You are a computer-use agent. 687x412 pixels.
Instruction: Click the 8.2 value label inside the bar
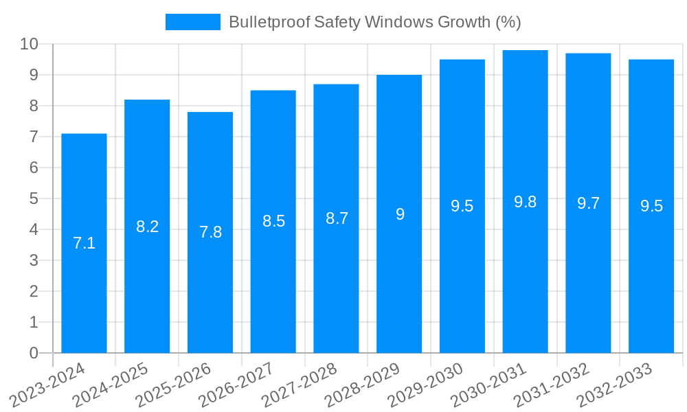pos(147,227)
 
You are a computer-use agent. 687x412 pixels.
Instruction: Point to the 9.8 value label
pos(526,202)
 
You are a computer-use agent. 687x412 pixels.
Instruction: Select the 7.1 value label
pos(84,243)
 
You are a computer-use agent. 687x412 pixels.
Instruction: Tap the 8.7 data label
pos(337,218)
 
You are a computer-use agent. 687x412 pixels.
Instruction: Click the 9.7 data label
pos(588,203)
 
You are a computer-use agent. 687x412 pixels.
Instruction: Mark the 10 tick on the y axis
pos(30,44)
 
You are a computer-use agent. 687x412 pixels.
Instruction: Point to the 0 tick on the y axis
pos(34,353)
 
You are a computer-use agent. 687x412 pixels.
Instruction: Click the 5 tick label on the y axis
pos(34,198)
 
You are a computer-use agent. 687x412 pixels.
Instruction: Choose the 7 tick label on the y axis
pos(34,137)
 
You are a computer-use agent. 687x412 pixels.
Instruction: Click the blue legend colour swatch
pos(192,22)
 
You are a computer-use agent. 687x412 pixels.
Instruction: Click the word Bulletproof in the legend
pos(269,22)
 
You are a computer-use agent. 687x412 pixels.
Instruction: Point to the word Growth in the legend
pos(465,22)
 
